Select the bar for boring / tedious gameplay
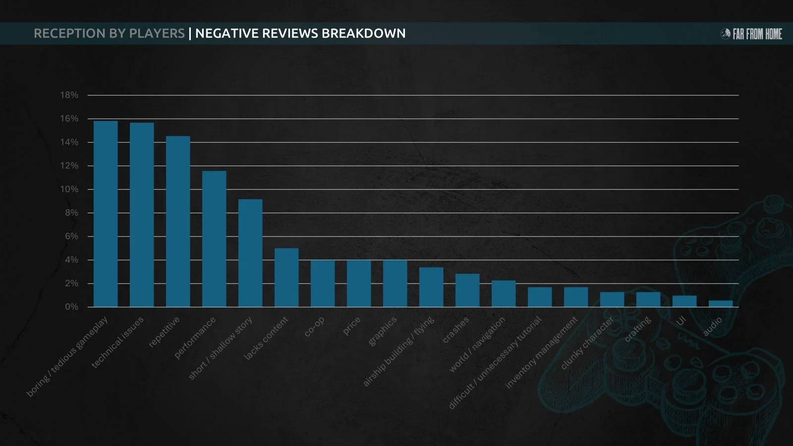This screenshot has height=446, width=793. pyautogui.click(x=106, y=214)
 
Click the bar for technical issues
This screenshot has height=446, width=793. pyautogui.click(x=142, y=215)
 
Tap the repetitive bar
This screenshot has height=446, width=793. pyautogui.click(x=178, y=222)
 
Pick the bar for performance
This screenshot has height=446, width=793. pyautogui.click(x=214, y=239)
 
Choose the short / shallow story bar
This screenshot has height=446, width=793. pyautogui.click(x=250, y=253)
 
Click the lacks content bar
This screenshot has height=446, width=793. pyautogui.click(x=286, y=278)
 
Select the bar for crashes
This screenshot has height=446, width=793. pyautogui.click(x=467, y=290)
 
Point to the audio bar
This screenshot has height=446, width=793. pyautogui.click(x=721, y=304)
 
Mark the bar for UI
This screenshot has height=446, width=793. pyautogui.click(x=684, y=301)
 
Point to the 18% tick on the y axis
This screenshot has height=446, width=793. pyautogui.click(x=69, y=95)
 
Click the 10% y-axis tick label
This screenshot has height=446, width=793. pyautogui.click(x=69, y=189)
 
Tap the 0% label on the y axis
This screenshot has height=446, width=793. pyautogui.click(x=71, y=307)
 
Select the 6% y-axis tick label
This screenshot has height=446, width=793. pyautogui.click(x=71, y=236)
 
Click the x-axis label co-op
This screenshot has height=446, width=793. pyautogui.click(x=314, y=327)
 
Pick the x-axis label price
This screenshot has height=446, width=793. pyautogui.click(x=351, y=327)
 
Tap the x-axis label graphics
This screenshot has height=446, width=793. pyautogui.click(x=383, y=331)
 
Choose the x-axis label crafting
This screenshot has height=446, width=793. pyautogui.click(x=637, y=330)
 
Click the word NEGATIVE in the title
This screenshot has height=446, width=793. pyautogui.click(x=227, y=33)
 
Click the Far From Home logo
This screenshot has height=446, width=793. pyautogui.click(x=751, y=34)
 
